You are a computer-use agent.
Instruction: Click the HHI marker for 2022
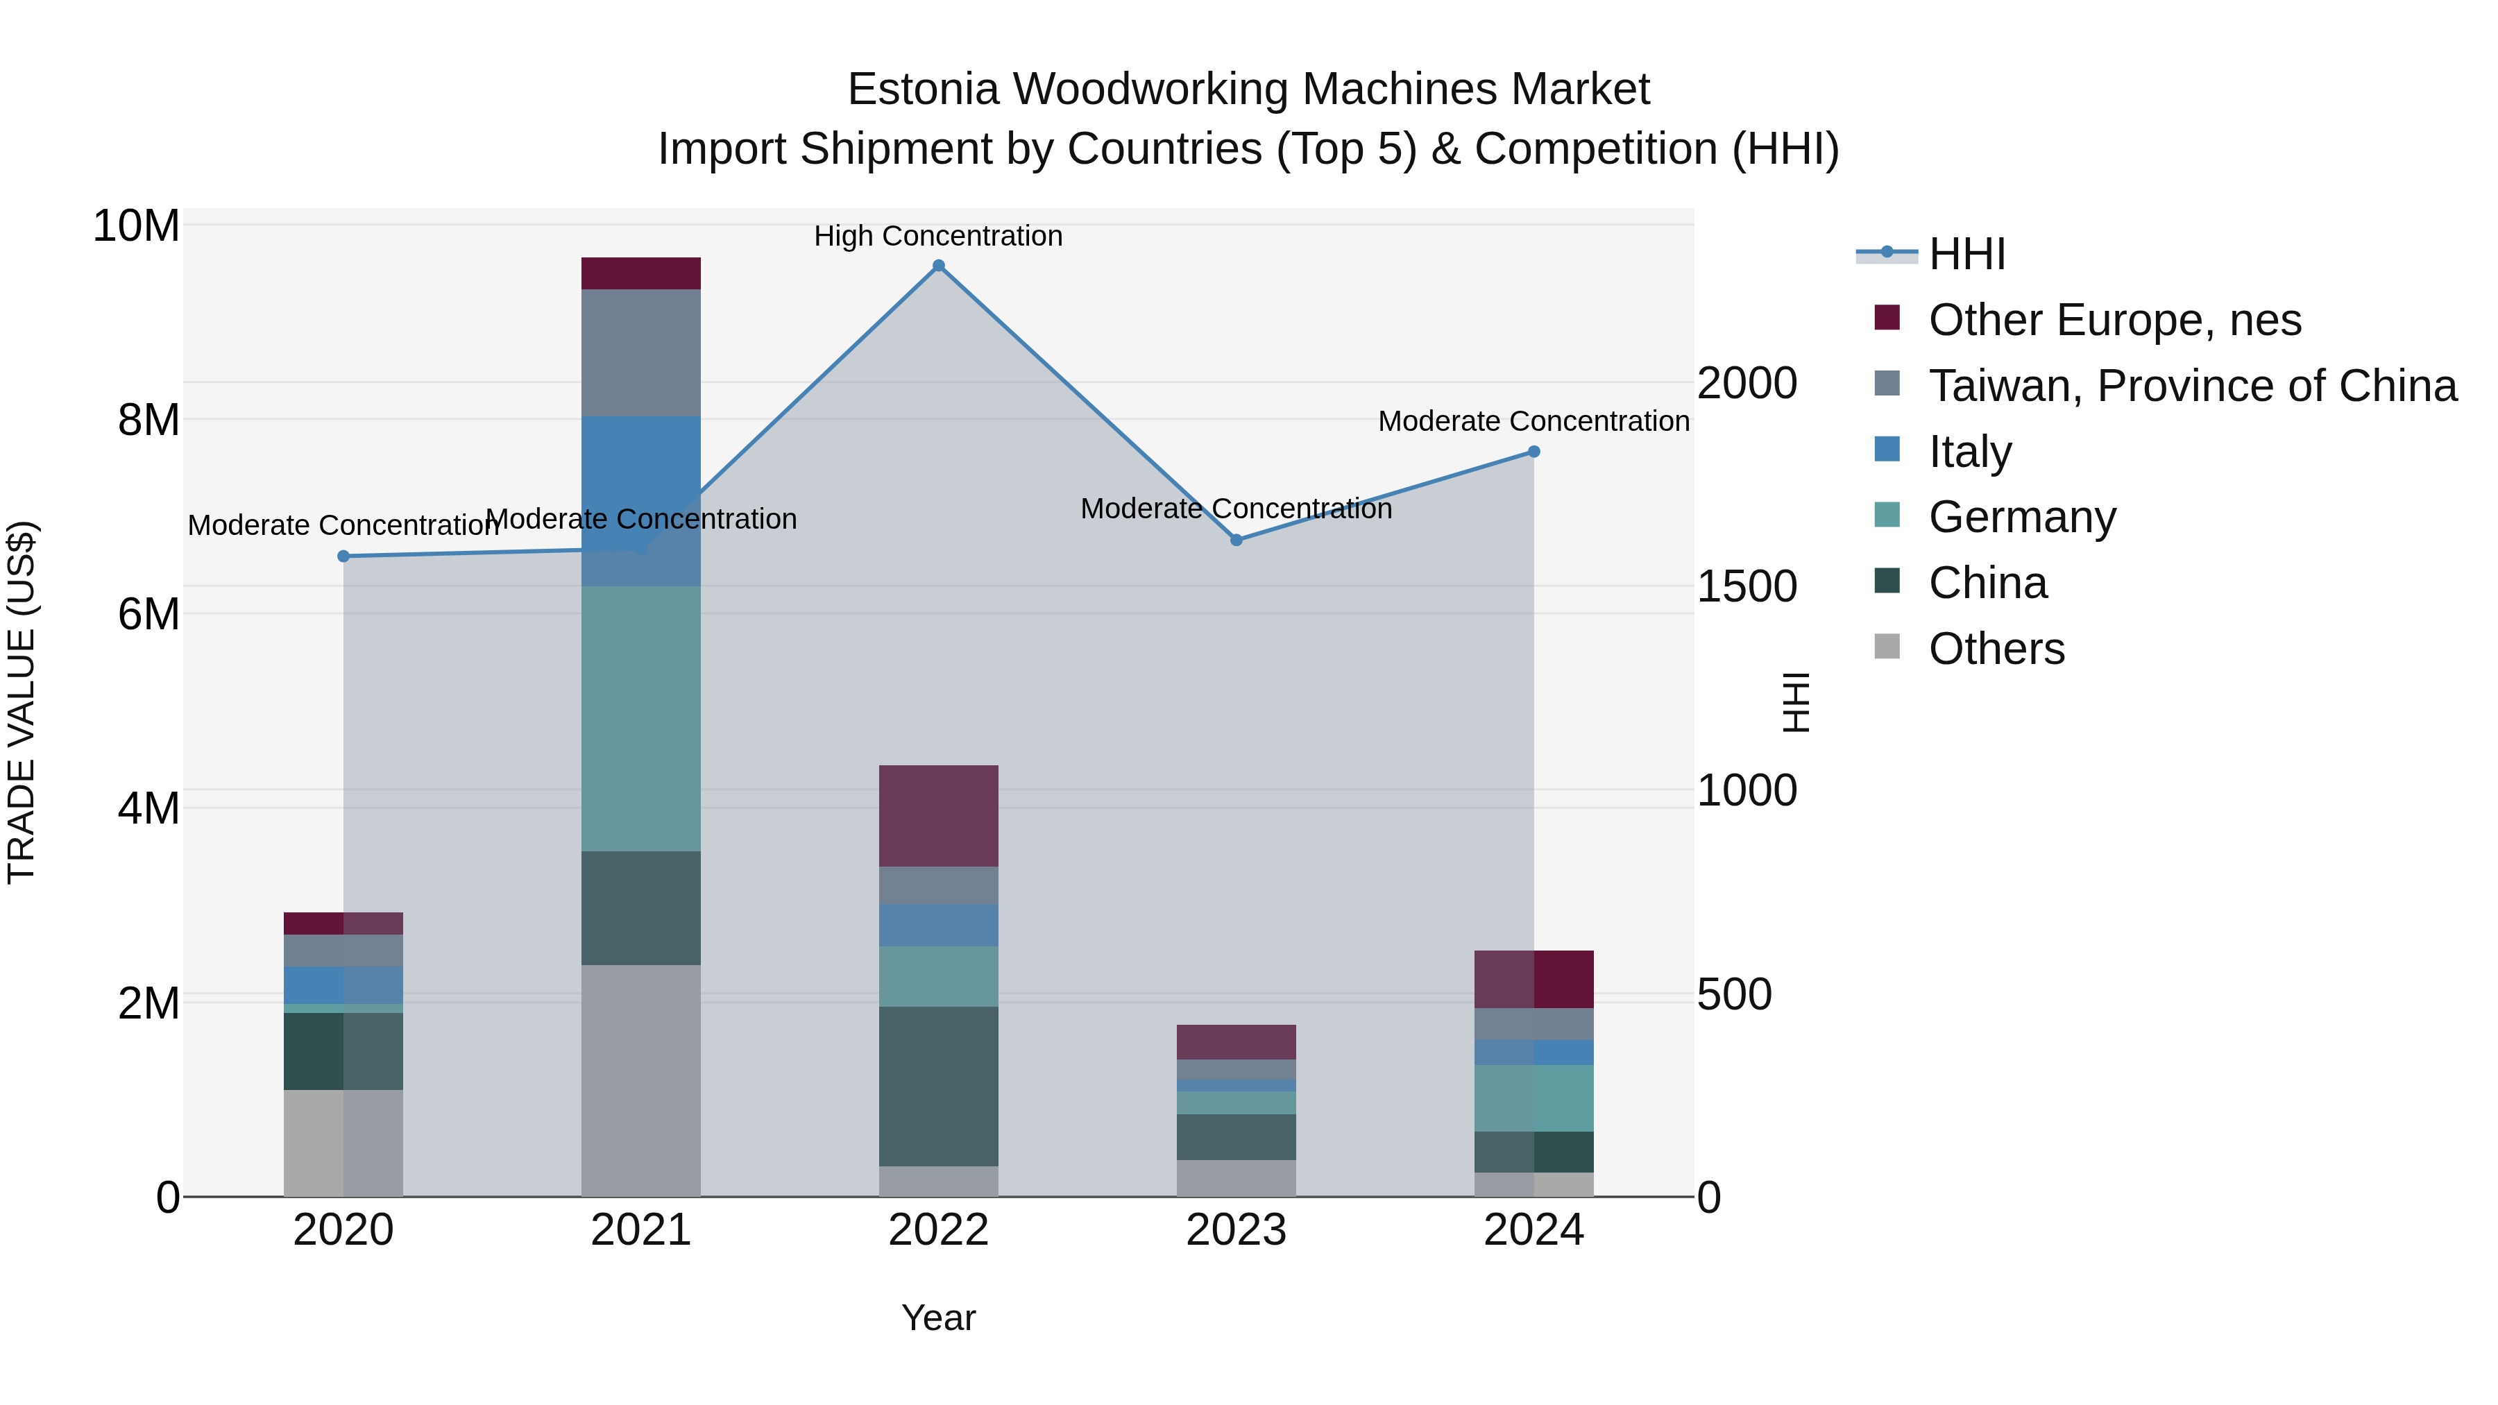937,266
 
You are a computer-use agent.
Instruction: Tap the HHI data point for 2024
1533,452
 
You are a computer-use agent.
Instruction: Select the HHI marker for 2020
343,556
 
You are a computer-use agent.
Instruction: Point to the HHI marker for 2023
1235,540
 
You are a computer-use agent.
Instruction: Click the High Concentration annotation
937,237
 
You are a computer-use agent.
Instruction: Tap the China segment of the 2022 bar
937,1086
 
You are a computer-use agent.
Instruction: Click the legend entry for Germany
2022,517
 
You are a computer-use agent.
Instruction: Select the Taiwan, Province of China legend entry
2191,386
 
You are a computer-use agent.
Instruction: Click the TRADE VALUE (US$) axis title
22,702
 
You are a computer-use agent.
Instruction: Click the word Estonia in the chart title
922,90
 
